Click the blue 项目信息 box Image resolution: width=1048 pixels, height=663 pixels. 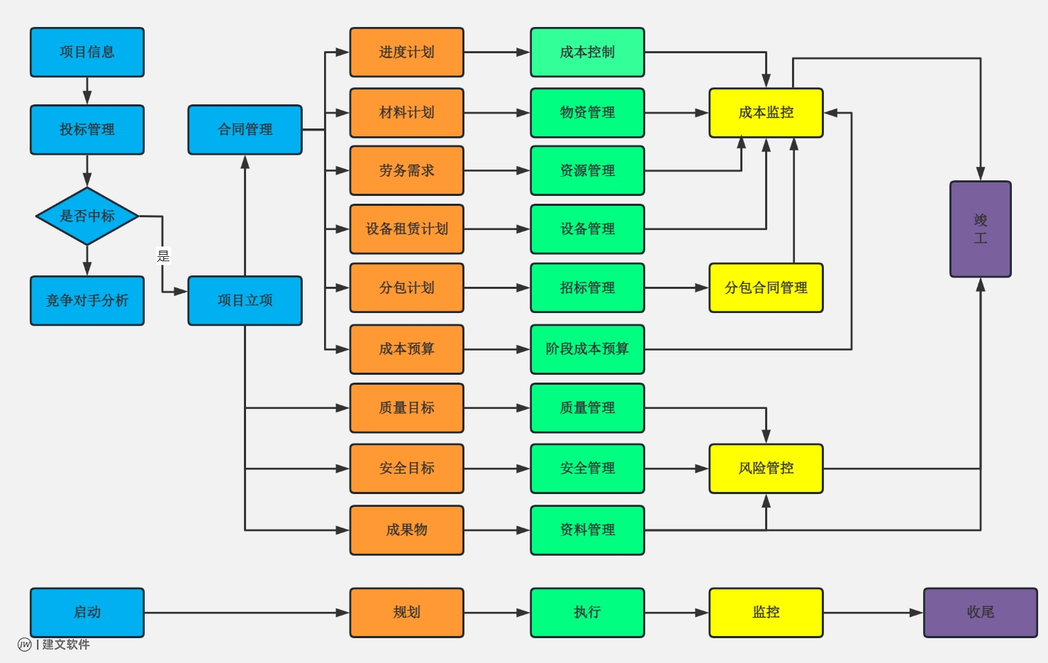click(x=87, y=53)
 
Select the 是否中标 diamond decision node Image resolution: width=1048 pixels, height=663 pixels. click(x=87, y=216)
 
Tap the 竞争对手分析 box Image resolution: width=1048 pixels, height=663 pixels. click(x=87, y=301)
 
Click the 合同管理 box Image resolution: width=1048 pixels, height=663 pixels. click(x=245, y=130)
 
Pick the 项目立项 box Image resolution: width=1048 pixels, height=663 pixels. click(x=245, y=301)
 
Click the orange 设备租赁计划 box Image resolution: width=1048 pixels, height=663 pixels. click(x=406, y=229)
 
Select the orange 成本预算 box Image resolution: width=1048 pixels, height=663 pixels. click(x=406, y=349)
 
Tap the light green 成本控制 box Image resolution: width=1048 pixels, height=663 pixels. click(x=587, y=53)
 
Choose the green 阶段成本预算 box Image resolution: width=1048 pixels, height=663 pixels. click(x=587, y=349)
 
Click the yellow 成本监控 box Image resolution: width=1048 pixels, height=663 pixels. click(x=766, y=113)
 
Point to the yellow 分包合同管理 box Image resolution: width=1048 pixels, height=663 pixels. click(x=766, y=288)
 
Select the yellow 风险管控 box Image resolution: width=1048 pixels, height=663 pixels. click(x=766, y=469)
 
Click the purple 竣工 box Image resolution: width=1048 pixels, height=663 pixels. click(x=980, y=229)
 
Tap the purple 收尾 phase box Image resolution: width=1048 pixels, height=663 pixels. click(x=980, y=613)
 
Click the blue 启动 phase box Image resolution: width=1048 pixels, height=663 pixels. click(x=87, y=613)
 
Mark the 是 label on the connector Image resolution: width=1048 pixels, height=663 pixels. click(x=163, y=256)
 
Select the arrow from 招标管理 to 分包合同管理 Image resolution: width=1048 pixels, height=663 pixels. click(x=676, y=288)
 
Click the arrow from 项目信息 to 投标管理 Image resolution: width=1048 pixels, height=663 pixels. click(x=87, y=91)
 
